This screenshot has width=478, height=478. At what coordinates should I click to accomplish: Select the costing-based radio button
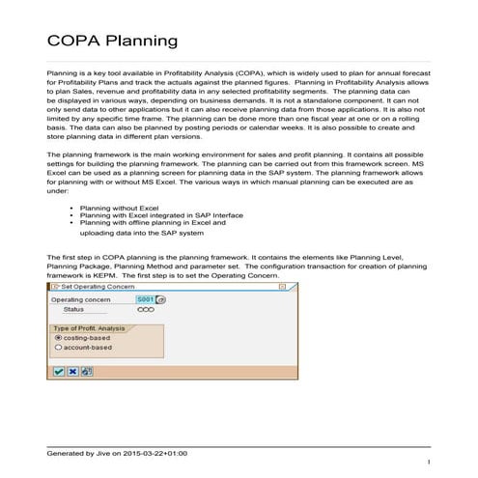point(58,338)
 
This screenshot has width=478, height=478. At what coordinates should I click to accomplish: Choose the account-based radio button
point(58,348)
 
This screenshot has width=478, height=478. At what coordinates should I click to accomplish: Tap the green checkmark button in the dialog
point(59,371)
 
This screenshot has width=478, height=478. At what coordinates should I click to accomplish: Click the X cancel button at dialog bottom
point(72,371)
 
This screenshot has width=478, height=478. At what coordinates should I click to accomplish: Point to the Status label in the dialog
point(73,310)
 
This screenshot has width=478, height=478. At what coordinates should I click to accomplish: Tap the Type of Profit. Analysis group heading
point(88,327)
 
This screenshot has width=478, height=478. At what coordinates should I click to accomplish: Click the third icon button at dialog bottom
point(86,371)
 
